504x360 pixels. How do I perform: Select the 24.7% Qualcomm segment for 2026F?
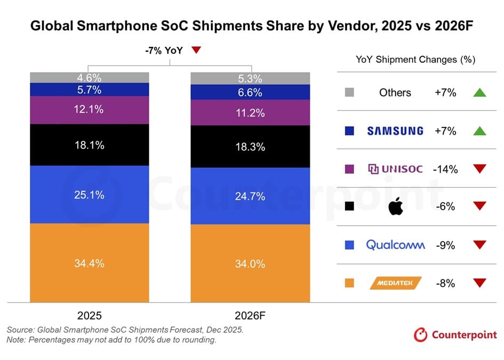250,196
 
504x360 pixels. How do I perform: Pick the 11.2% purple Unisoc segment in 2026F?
250,113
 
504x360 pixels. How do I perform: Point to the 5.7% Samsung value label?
89,90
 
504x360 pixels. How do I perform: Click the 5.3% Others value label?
250,79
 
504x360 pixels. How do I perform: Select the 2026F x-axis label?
250,315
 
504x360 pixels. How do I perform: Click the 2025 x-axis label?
89,315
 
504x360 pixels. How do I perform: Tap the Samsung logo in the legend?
395,131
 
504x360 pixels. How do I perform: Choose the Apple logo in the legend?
395,206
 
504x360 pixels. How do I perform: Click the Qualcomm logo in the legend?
395,245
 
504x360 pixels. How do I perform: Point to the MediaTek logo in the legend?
395,283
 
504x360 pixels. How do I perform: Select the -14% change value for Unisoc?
445,169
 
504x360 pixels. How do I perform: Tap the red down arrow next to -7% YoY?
196,50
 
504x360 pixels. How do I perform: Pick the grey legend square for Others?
350,93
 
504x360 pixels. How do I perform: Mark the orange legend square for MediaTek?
350,283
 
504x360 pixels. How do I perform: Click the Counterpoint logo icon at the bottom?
421,335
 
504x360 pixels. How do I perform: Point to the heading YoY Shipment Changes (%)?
415,59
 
